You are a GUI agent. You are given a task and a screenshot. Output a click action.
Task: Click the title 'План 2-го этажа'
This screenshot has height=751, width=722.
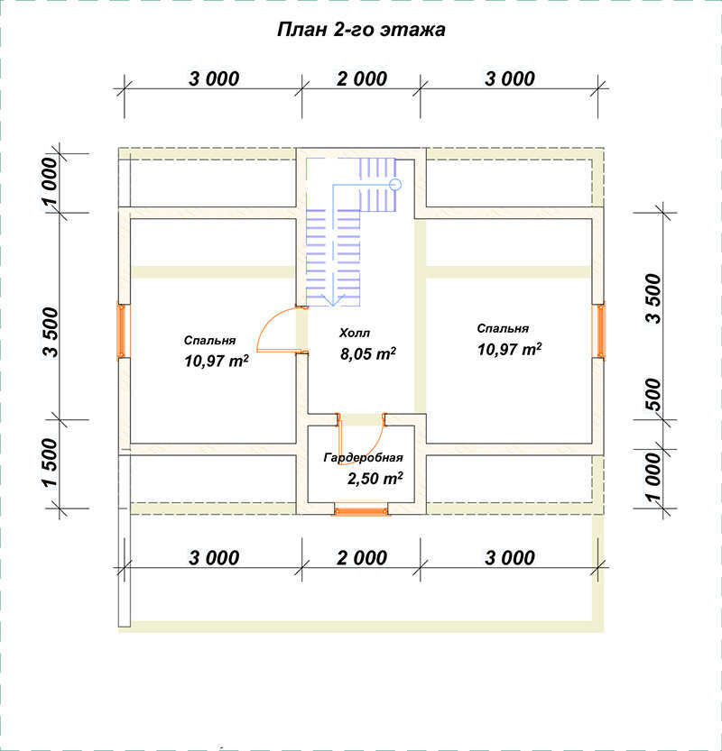(x=361, y=29)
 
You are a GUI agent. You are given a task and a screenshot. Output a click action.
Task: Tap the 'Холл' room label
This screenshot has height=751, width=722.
(x=355, y=333)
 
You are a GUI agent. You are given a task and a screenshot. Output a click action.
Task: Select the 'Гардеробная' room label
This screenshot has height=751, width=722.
(x=363, y=458)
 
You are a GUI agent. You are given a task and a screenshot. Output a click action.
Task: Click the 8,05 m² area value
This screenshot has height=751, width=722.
(x=367, y=353)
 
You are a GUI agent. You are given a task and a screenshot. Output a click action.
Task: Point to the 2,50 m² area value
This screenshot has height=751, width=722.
(x=375, y=478)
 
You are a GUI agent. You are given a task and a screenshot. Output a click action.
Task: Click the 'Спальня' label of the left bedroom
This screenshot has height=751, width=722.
(x=209, y=341)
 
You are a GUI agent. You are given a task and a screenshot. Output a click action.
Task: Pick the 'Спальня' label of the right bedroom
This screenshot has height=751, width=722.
(x=503, y=328)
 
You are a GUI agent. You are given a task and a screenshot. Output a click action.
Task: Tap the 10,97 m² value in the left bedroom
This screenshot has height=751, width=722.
(x=217, y=361)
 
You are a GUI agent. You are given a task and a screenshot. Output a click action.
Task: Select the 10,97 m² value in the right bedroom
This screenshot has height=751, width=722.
(x=509, y=349)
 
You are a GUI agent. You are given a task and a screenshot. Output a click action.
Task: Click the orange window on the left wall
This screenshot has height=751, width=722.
(x=122, y=331)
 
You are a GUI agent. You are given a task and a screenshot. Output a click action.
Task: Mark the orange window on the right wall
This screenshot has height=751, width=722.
(x=600, y=331)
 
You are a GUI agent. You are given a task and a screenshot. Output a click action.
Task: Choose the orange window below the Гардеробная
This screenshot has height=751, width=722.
(x=361, y=510)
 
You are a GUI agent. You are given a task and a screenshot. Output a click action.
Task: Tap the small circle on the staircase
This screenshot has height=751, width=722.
(x=395, y=185)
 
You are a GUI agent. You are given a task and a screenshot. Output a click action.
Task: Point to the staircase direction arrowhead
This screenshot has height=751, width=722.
(x=333, y=300)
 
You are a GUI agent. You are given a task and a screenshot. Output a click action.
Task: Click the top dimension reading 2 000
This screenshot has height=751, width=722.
(x=362, y=79)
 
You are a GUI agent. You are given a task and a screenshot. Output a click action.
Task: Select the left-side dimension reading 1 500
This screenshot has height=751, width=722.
(x=51, y=463)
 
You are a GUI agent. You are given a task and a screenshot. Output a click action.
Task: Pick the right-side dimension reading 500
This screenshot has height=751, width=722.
(x=653, y=394)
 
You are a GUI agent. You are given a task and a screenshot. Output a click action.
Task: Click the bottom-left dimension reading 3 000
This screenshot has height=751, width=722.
(x=214, y=558)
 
